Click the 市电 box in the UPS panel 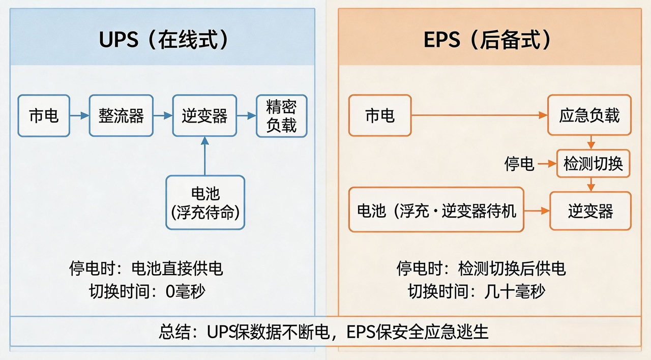pyautogui.click(x=44, y=115)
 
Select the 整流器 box pyautogui.click(x=121, y=115)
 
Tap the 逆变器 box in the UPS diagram pyautogui.click(x=204, y=115)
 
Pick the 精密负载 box pyautogui.click(x=282, y=116)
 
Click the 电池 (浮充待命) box pyautogui.click(x=205, y=202)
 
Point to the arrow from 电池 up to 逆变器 pyautogui.click(x=205, y=156)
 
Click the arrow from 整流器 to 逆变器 pyautogui.click(x=163, y=115)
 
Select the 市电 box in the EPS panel pyautogui.click(x=380, y=115)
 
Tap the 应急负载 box pyautogui.click(x=589, y=115)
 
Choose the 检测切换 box pyautogui.click(x=593, y=164)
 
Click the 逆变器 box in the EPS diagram pyautogui.click(x=590, y=211)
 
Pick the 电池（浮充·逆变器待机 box pyautogui.click(x=436, y=209)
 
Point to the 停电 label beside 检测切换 pyautogui.click(x=519, y=164)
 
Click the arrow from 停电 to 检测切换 pyautogui.click(x=547, y=164)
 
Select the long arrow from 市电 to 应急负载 pyautogui.click(x=480, y=115)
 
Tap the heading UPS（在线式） pyautogui.click(x=164, y=40)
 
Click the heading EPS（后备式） pyautogui.click(x=487, y=40)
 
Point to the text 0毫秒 pyautogui.click(x=185, y=291)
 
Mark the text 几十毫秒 pyautogui.click(x=514, y=291)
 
